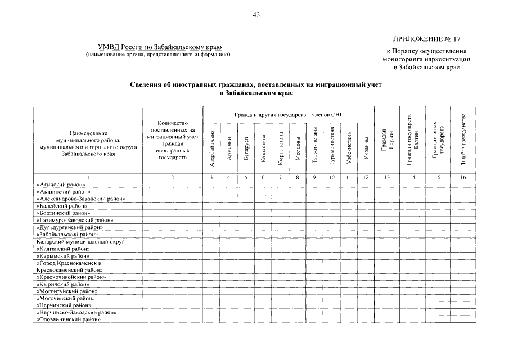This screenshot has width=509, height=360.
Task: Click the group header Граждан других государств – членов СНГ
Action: tap(289, 115)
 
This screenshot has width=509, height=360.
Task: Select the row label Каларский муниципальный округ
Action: tap(79, 241)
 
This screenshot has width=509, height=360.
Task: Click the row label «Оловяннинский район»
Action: tap(68, 319)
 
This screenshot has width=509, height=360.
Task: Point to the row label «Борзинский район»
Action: tap(62, 213)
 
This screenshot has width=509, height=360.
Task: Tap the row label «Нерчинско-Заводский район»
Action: tap(76, 312)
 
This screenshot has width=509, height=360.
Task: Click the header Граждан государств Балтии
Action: tap(412, 140)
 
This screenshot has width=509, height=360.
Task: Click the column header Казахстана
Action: tap(263, 150)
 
